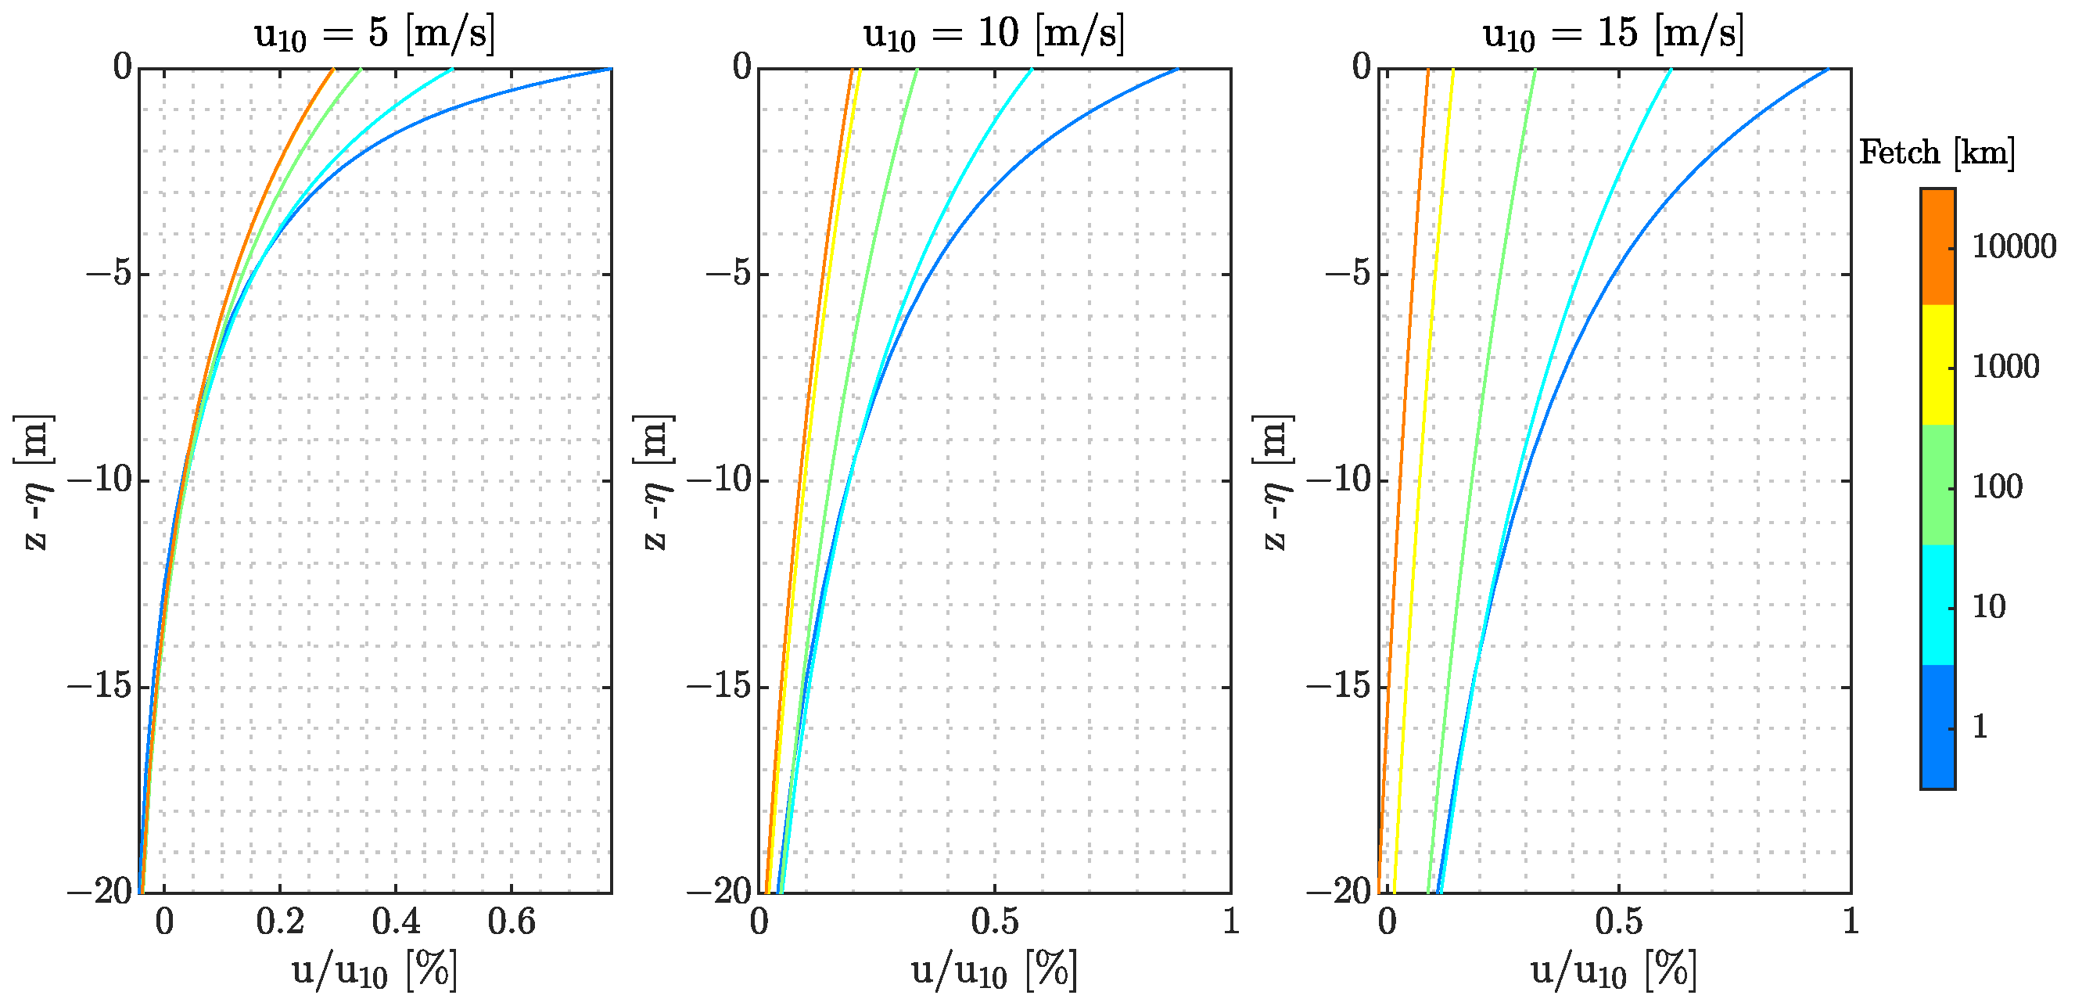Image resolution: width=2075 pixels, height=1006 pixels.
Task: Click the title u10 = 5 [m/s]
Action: click(x=374, y=34)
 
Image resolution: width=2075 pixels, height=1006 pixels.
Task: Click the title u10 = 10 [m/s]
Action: click(x=993, y=34)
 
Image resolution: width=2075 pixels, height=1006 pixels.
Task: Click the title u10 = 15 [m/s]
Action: click(x=1613, y=34)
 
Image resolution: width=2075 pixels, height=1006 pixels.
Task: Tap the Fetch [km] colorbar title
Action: click(x=1936, y=153)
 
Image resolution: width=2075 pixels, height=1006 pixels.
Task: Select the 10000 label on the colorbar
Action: click(x=2013, y=246)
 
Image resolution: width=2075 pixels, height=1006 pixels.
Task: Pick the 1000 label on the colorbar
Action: click(x=2005, y=366)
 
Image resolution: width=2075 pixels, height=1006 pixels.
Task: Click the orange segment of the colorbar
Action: click(x=1937, y=246)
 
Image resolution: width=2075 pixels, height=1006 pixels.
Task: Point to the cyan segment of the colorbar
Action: click(x=1937, y=605)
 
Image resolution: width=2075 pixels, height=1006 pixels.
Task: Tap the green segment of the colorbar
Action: click(x=1937, y=485)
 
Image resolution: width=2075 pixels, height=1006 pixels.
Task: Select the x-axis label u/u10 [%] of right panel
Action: click(x=1614, y=971)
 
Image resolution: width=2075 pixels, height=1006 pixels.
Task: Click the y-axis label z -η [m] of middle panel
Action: click(x=654, y=482)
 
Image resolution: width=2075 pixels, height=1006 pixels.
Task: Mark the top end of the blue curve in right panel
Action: click(x=1828, y=70)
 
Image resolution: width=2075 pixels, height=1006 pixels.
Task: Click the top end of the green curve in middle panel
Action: click(x=917, y=70)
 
